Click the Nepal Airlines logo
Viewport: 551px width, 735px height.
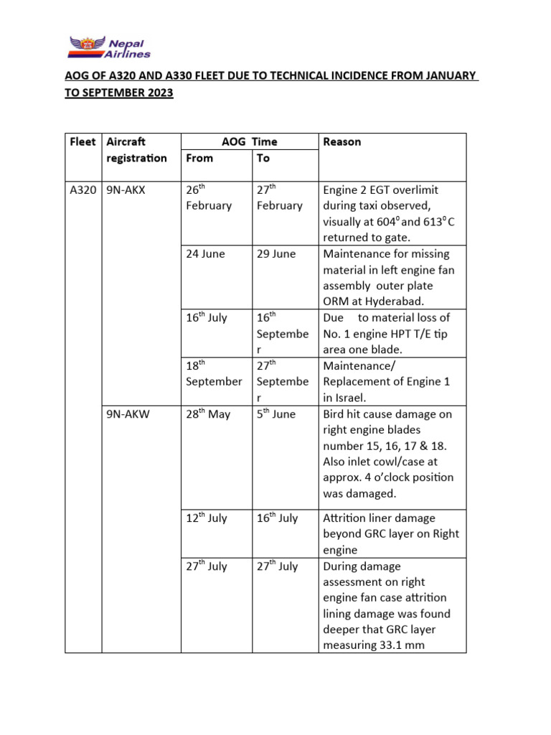pyautogui.click(x=110, y=47)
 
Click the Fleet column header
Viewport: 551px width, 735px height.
pyautogui.click(x=82, y=142)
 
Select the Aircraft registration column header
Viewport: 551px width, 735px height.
pyautogui.click(x=136, y=150)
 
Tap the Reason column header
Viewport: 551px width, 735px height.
pyautogui.click(x=342, y=142)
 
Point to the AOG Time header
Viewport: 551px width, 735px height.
pyautogui.click(x=250, y=142)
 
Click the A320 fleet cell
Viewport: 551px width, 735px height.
pyautogui.click(x=83, y=190)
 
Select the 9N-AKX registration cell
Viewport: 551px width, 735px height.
pyautogui.click(x=125, y=190)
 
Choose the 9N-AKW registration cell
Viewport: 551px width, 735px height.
pyautogui.click(x=126, y=414)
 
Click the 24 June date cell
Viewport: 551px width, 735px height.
pyautogui.click(x=205, y=254)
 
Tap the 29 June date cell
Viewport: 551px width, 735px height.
pyautogui.click(x=275, y=254)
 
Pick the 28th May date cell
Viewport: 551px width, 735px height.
pyautogui.click(x=208, y=414)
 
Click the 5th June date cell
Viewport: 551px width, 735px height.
pyautogui.click(x=275, y=414)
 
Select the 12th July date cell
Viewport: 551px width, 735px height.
pyautogui.click(x=207, y=518)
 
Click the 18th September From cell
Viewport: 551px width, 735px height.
pyautogui.click(x=214, y=373)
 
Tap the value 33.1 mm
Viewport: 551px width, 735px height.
pyautogui.click(x=406, y=645)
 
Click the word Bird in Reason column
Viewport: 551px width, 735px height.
pyautogui.click(x=335, y=414)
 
